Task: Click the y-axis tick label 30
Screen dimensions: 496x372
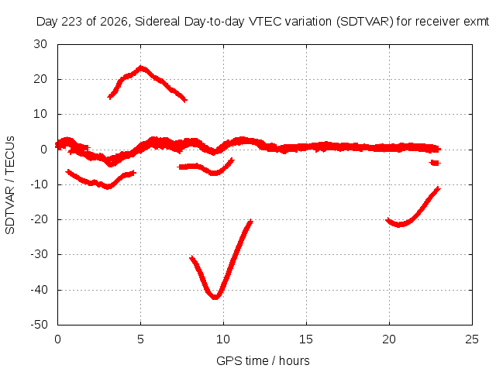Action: click(40, 44)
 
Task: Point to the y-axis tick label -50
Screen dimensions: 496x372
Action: click(40, 325)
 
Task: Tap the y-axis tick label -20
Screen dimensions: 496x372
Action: click(40, 219)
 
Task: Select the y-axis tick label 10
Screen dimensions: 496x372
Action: click(40, 114)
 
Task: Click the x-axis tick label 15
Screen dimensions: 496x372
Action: click(306, 339)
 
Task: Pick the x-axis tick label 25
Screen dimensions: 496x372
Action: click(472, 339)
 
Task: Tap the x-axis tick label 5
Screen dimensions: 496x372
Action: click(140, 339)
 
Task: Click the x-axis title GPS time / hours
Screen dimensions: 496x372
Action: click(263, 360)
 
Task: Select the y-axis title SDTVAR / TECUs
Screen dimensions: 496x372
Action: click(10, 185)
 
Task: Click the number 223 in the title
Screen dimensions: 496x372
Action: click(72, 22)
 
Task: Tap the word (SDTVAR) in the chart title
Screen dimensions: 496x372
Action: click(365, 22)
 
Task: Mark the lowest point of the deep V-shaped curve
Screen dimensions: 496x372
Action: click(215, 298)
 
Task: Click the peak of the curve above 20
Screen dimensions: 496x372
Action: click(141, 67)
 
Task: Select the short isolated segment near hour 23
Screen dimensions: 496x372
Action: click(435, 163)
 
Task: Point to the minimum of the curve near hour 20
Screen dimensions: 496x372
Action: click(399, 225)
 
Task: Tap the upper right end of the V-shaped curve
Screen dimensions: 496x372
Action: click(251, 220)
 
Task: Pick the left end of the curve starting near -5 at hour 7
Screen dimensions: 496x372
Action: click(179, 167)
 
